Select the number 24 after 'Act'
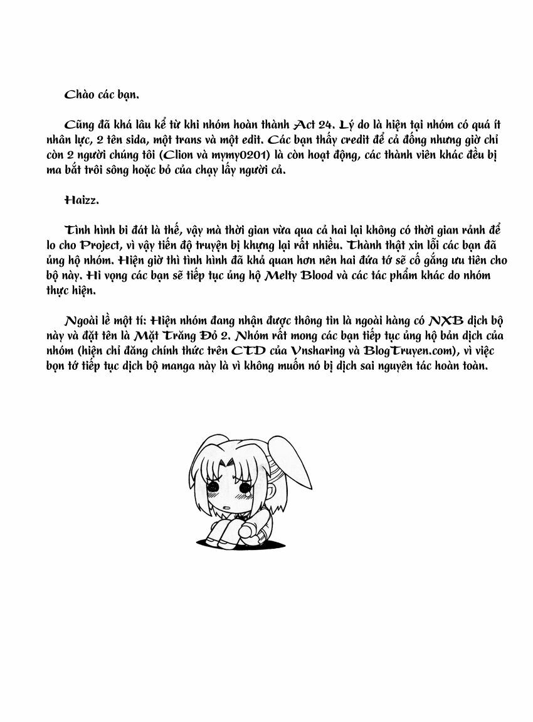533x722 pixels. click(x=330, y=124)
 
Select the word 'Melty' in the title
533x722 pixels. click(x=286, y=275)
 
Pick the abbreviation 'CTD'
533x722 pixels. click(x=246, y=350)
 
